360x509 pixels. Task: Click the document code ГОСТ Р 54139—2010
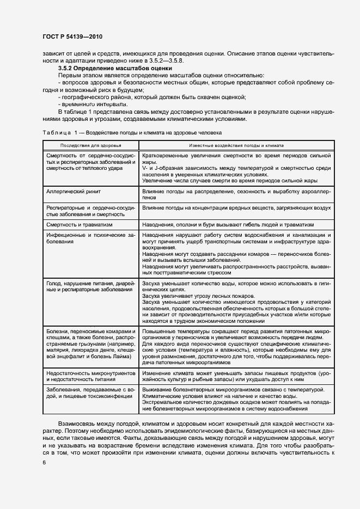click(72, 36)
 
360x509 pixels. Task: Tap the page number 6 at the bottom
click(44, 462)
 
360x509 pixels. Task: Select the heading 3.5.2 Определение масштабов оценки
click(115, 69)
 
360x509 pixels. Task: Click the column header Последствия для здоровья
click(91, 146)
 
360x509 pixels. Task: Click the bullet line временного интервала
click(93, 104)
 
